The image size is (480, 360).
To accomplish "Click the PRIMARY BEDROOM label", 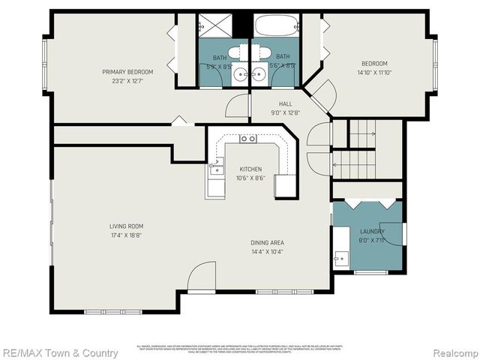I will coord(127,72).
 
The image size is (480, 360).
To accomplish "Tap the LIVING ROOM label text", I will coord(125,226).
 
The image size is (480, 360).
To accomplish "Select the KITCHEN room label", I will coord(250,169).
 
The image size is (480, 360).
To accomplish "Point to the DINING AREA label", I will coord(267,243).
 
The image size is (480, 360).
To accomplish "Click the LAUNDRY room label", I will coord(372,232).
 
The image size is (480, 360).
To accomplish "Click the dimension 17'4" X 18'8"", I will coord(125,235).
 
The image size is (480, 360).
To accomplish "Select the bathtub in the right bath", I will coord(276,25).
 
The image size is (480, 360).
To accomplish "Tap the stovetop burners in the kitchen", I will coord(247,139).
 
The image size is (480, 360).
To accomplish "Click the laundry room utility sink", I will coord(340,258).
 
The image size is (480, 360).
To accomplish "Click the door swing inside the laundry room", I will coord(391,233).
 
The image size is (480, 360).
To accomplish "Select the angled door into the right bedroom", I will coord(320,96).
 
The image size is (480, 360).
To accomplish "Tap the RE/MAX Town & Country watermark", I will coord(59,352).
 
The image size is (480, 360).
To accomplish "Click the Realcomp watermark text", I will coord(449,352).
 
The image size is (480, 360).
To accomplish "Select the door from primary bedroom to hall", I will coord(237,106).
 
